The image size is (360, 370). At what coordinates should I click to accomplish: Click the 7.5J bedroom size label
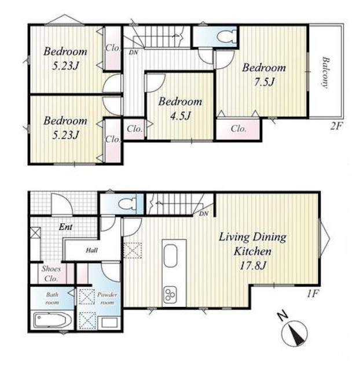tap(265, 82)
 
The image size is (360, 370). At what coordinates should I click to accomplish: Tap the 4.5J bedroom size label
tap(181, 116)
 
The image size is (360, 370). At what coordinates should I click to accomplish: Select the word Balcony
tap(326, 72)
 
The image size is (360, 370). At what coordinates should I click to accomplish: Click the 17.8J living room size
tap(253, 266)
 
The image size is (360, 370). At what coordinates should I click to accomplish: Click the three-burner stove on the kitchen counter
tap(170, 294)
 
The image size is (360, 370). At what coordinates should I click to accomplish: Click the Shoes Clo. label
tap(52, 273)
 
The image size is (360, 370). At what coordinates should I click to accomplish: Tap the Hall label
tap(91, 250)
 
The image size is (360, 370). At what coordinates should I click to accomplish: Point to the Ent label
tap(65, 227)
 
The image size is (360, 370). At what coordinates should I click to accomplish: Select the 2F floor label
tap(336, 127)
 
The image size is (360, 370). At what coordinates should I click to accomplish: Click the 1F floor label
tap(313, 294)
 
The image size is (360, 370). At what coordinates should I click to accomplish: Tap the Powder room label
tap(107, 298)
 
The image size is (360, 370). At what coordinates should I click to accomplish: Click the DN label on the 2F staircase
tap(134, 53)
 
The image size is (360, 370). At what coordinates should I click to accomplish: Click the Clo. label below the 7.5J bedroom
tap(238, 129)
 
